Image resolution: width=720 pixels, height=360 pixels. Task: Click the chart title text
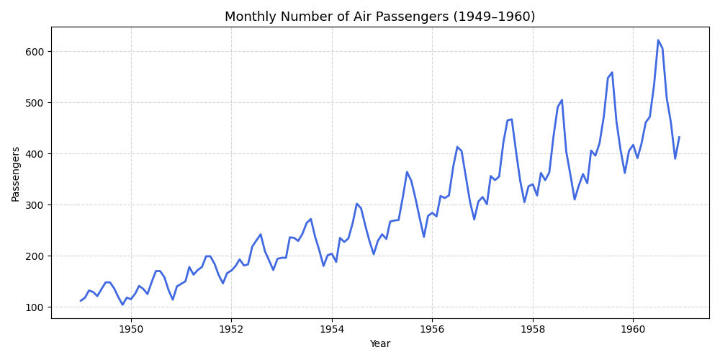[379, 17]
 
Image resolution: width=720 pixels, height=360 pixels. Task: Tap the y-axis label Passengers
[16, 174]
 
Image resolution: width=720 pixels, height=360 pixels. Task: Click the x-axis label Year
[379, 344]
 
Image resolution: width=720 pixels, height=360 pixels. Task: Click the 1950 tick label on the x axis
[131, 328]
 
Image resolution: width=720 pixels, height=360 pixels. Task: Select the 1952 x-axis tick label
[231, 328]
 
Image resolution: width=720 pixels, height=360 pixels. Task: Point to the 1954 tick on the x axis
[332, 328]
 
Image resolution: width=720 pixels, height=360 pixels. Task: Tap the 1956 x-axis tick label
[432, 328]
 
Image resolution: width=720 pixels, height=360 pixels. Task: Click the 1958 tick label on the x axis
[533, 328]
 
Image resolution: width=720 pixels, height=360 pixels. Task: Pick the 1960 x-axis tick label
[633, 328]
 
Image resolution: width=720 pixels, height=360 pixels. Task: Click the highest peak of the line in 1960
[658, 40]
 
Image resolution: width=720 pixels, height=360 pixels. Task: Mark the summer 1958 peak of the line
[562, 100]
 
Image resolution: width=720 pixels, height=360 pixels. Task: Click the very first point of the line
[81, 301]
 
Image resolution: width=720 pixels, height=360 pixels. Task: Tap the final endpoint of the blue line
[679, 138]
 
